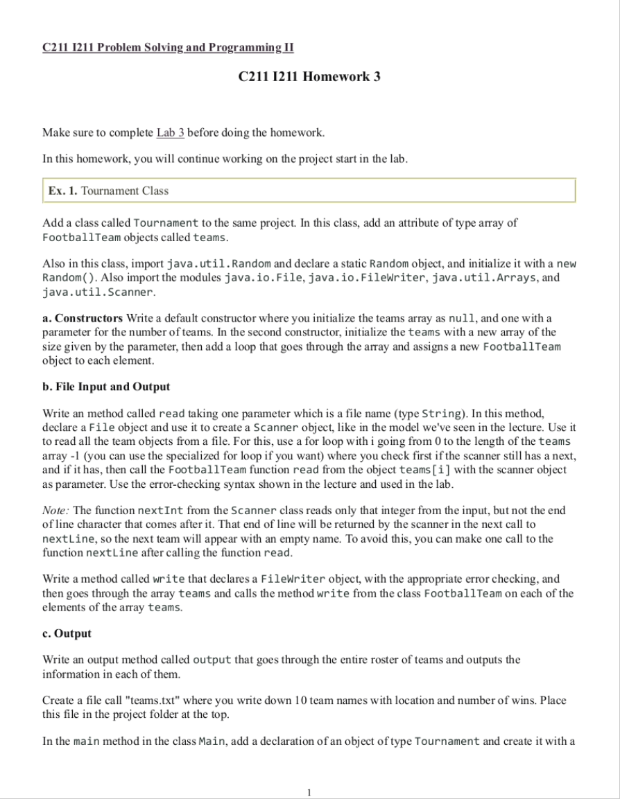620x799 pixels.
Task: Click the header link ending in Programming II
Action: point(168,47)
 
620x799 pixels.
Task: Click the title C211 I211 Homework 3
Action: point(309,77)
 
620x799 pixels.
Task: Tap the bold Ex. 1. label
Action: point(62,191)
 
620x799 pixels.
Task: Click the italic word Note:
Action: point(57,510)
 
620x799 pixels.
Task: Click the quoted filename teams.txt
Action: point(150,700)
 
